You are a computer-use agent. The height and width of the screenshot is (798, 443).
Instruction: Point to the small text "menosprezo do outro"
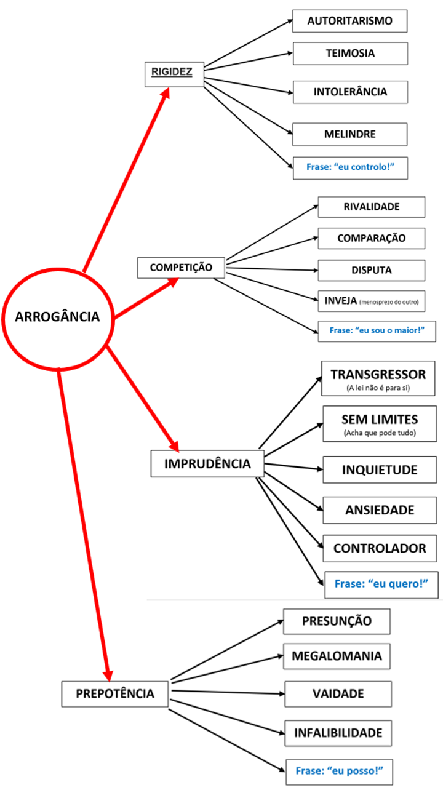coord(389,302)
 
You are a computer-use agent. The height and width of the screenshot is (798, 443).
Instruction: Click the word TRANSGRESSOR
coord(378,375)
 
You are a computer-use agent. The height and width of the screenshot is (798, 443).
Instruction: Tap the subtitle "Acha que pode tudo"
coord(380,433)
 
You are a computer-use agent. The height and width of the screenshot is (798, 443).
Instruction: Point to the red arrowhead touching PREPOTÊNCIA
coord(108,676)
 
